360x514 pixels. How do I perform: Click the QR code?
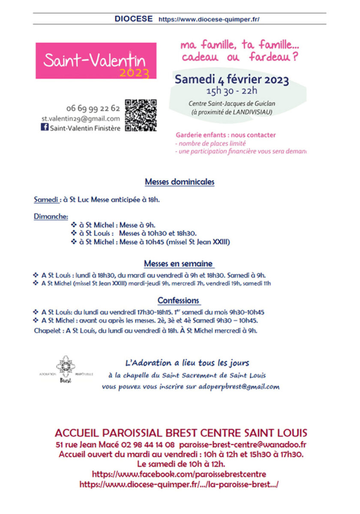(x=141, y=115)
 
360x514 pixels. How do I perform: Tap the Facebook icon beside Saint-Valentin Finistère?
(x=45, y=127)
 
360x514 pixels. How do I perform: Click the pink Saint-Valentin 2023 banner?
(x=96, y=61)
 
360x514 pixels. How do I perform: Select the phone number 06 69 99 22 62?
(x=93, y=109)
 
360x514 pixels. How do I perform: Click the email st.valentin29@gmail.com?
(x=81, y=119)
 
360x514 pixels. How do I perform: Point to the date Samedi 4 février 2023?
(x=231, y=80)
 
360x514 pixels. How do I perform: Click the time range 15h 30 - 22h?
(x=231, y=90)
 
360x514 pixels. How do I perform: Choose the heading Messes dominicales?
(x=180, y=182)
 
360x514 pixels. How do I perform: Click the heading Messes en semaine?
(x=179, y=263)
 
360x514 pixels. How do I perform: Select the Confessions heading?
(x=179, y=300)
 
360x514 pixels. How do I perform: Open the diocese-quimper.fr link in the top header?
(x=209, y=19)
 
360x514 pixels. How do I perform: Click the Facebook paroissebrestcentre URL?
(x=179, y=474)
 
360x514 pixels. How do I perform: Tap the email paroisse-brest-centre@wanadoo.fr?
(x=243, y=445)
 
